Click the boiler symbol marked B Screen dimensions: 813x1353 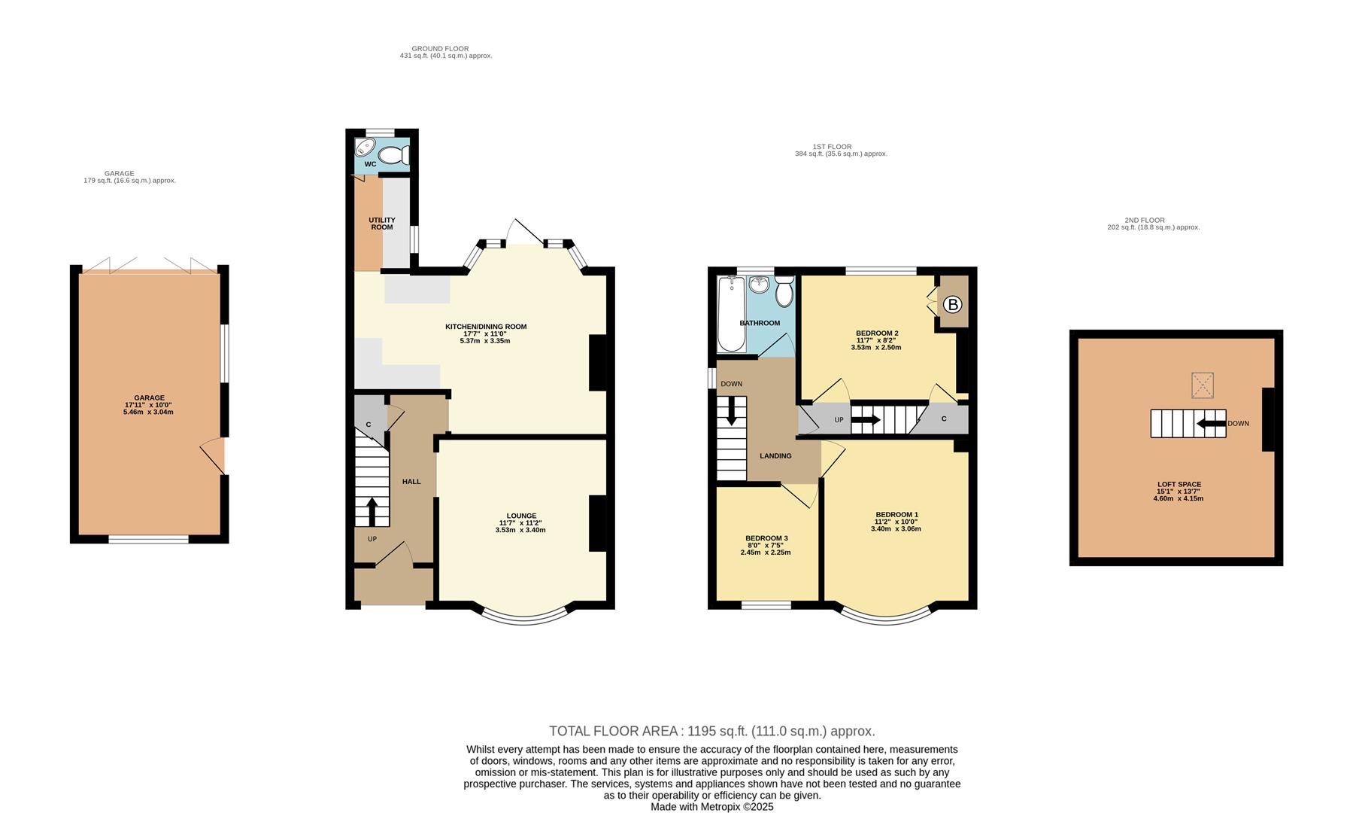pos(952,304)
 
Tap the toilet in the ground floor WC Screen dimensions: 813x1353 pos(393,156)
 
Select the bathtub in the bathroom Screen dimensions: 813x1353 pos(730,315)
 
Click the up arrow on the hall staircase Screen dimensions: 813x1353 pos(372,512)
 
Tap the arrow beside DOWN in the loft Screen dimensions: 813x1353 pos(1210,423)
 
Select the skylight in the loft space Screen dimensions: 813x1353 pos(1203,385)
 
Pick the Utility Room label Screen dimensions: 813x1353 pos(381,224)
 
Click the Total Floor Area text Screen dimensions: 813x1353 pos(711,731)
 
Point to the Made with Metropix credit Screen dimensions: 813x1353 pos(711,806)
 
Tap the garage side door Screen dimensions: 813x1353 pos(214,455)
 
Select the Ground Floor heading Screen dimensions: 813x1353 pos(440,49)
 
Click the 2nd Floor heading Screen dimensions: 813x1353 pos(1144,221)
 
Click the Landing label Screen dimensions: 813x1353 pos(775,455)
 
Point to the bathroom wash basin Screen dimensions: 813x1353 pos(760,285)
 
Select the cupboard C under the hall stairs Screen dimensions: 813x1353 pos(369,425)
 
